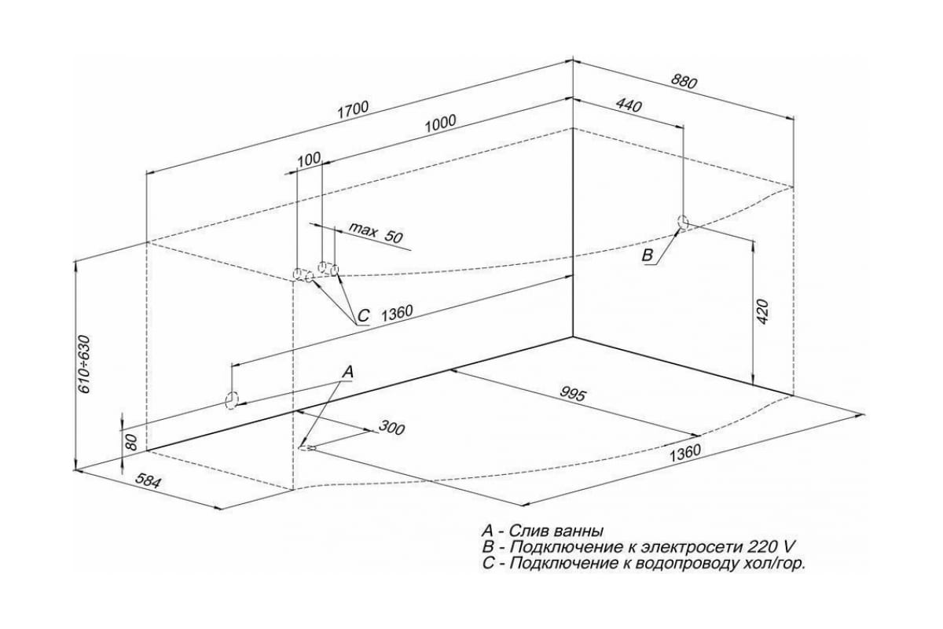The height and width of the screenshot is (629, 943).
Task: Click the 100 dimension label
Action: pos(310,159)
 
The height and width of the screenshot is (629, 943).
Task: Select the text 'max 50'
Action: pos(376,234)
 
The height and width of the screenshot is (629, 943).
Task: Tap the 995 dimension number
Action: pos(574,395)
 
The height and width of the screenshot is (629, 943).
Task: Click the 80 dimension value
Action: pos(133,441)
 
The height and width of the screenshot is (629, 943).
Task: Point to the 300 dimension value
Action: pos(391,429)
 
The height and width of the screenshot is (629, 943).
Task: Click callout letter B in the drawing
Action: pos(648,256)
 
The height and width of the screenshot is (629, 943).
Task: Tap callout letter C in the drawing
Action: pos(362,316)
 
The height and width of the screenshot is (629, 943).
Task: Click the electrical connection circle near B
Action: pos(684,223)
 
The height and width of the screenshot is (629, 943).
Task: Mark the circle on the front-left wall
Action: pos(232,400)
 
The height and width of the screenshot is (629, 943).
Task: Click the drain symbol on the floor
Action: pos(306,449)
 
